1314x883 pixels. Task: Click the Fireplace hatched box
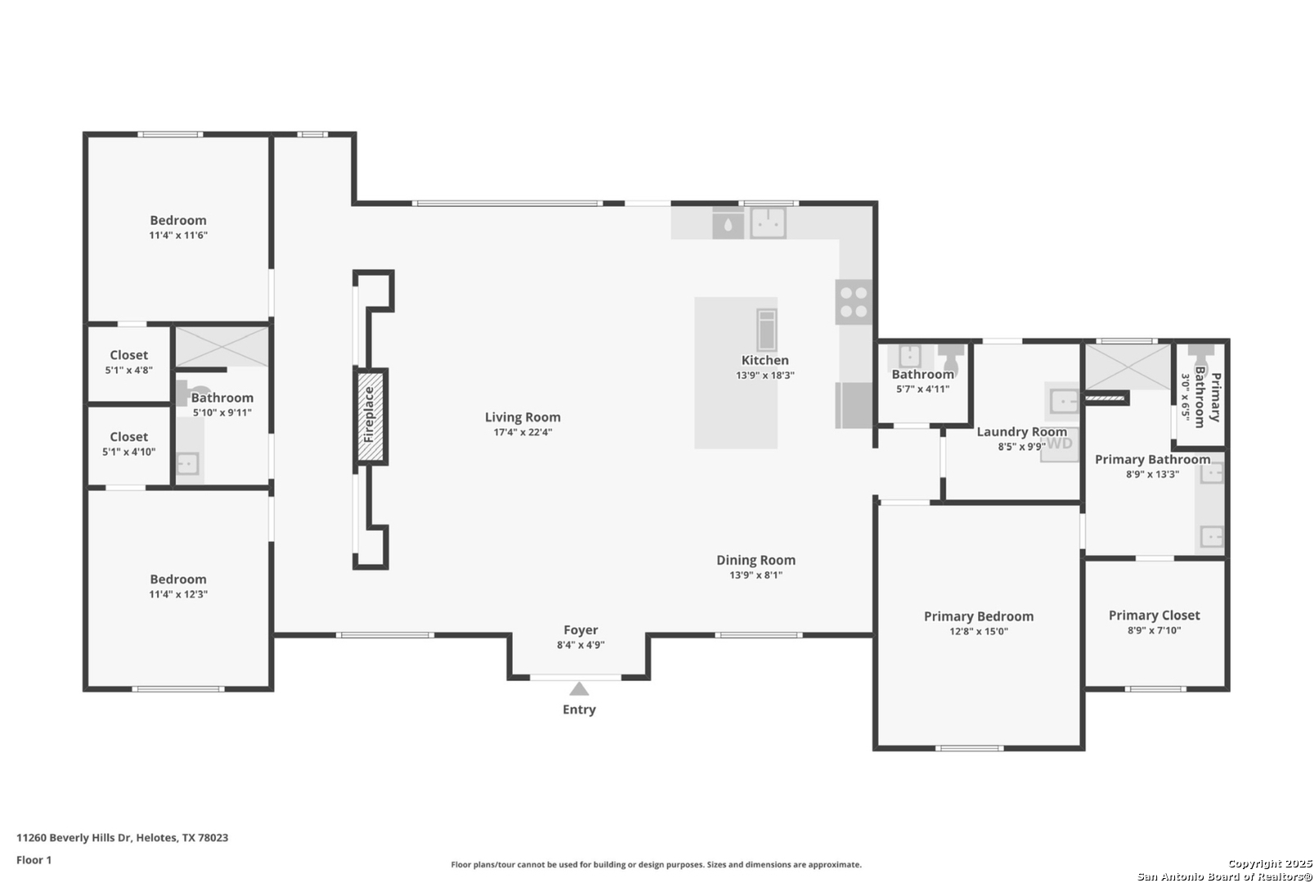(x=370, y=417)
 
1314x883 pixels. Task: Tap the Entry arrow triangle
(x=579, y=688)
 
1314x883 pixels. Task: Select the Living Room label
(x=522, y=417)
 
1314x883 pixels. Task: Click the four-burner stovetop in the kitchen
(x=854, y=303)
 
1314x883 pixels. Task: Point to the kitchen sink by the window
(x=769, y=223)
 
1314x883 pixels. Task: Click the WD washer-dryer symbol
(x=1060, y=444)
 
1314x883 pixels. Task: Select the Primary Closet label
(x=1154, y=616)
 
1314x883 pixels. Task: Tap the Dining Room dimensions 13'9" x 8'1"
(x=756, y=575)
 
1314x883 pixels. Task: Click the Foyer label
(x=581, y=630)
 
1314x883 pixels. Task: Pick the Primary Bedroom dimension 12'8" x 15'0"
(x=979, y=631)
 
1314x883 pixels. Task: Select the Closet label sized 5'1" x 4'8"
(x=129, y=355)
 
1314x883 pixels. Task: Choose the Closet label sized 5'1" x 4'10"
(x=129, y=437)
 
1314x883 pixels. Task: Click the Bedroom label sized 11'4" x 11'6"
(x=178, y=220)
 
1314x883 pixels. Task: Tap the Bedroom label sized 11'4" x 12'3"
(x=178, y=579)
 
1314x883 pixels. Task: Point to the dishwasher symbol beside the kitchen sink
(x=728, y=223)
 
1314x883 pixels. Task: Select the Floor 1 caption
(x=34, y=860)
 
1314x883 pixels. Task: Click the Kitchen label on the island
(x=765, y=361)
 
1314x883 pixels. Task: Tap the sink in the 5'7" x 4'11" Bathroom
(x=909, y=356)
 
